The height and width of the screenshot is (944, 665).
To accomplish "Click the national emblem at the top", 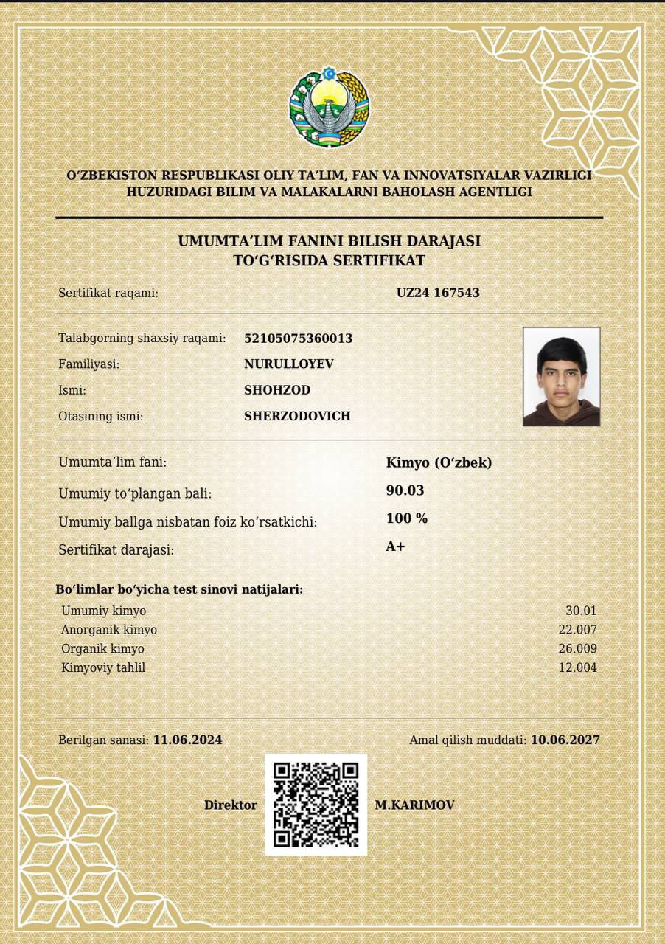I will click(x=329, y=107).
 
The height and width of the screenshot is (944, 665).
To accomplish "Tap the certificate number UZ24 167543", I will click(x=438, y=293).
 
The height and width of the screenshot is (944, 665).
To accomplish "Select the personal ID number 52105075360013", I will click(x=298, y=339).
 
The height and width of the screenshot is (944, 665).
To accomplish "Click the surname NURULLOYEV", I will click(x=289, y=364).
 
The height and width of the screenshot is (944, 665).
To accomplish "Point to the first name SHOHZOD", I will click(x=277, y=390).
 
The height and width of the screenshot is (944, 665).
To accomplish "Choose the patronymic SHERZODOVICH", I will click(x=297, y=416).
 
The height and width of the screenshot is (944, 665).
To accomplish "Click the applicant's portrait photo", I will click(x=561, y=377).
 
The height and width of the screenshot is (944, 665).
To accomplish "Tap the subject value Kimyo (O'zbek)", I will click(x=439, y=463).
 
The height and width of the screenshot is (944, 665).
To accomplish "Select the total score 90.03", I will click(x=405, y=490).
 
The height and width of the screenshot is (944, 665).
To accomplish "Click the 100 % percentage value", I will click(x=407, y=518).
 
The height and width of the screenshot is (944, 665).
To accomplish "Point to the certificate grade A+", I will click(x=395, y=546).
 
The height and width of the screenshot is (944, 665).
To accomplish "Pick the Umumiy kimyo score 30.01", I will click(x=581, y=611).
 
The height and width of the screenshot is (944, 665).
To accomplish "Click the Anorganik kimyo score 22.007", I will click(x=577, y=630).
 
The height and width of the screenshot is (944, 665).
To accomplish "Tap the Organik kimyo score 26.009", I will click(x=577, y=649).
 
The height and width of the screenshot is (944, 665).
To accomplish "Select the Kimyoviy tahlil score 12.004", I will click(x=577, y=668).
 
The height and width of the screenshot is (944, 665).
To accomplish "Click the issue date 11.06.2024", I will click(x=187, y=740).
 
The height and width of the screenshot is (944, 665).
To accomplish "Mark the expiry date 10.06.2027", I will click(x=565, y=740).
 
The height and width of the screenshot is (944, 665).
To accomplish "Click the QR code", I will click(x=316, y=805).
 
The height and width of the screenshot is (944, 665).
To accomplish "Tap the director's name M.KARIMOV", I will click(x=414, y=805).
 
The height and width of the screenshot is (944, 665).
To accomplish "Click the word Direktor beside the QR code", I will click(x=231, y=805).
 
